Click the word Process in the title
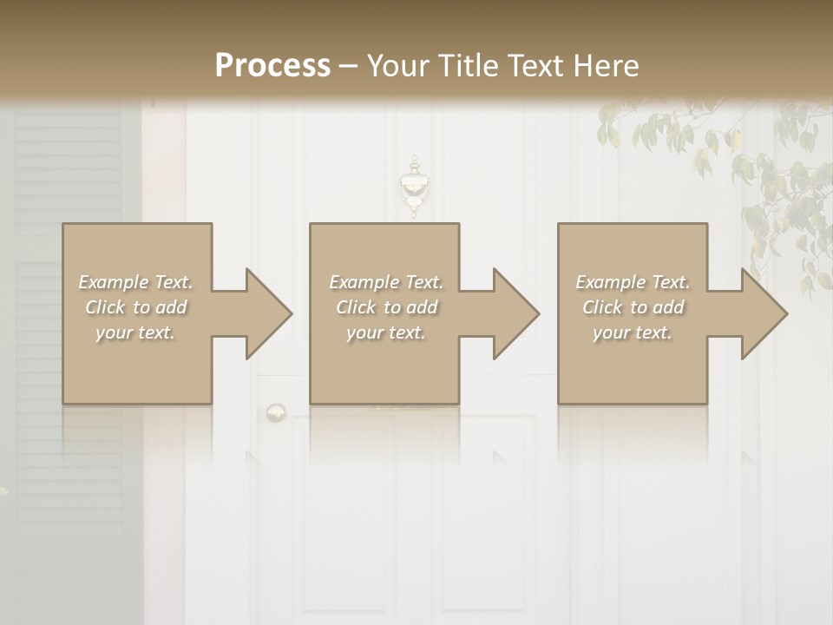(272, 66)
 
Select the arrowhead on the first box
(260, 313)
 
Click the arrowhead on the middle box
(508, 313)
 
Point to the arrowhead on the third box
(756, 313)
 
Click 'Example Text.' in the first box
(136, 282)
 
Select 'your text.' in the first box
(136, 332)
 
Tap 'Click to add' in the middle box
(386, 307)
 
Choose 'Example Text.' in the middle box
(386, 282)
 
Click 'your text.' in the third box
(633, 332)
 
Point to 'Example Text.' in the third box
(633, 282)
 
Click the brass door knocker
(414, 187)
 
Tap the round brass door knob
(276, 411)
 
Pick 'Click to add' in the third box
(633, 307)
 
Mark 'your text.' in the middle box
(386, 332)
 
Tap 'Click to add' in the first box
(136, 307)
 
